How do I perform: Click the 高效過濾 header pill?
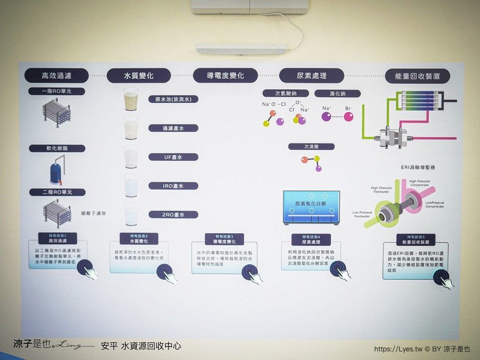click(57, 75)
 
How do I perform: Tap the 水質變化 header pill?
click(139, 76)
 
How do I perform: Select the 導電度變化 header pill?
click(225, 76)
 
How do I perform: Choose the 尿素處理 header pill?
click(312, 76)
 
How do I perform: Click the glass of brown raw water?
click(131, 102)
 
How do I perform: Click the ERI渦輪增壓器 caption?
click(418, 168)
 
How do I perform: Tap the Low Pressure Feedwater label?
click(363, 214)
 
